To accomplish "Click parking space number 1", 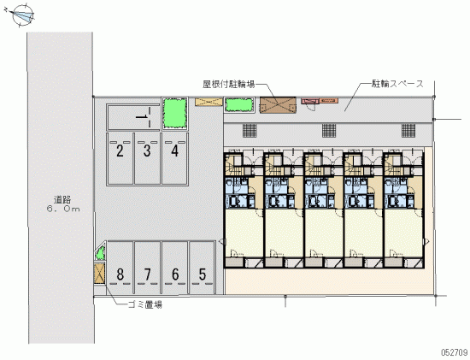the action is [x=133, y=117].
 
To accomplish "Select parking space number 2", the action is [x=120, y=159].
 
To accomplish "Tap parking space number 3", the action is [x=147, y=159].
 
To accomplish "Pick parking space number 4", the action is [x=174, y=159].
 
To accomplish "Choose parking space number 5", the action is [x=202, y=268].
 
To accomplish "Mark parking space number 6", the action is [x=175, y=268].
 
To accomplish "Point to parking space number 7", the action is [x=148, y=268].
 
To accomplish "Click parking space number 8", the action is [x=120, y=268].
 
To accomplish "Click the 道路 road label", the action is [x=62, y=199].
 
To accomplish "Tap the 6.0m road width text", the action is [x=63, y=210].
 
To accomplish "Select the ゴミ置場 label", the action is [x=145, y=305].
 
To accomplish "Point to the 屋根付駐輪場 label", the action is [x=229, y=85].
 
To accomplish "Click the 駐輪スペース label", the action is [x=397, y=84].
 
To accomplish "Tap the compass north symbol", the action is [x=22, y=15].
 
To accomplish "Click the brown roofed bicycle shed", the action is [x=278, y=105].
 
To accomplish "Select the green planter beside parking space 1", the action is [x=174, y=114].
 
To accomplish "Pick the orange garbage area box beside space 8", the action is [x=99, y=273].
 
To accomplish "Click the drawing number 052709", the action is [x=454, y=352].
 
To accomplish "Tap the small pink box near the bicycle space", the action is [x=309, y=101].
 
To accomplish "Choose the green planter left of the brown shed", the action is [x=239, y=105].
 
